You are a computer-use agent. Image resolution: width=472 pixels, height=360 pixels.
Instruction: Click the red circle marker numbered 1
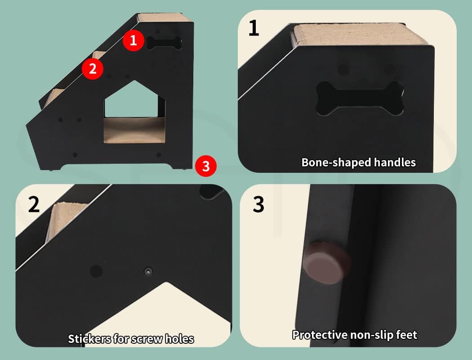coord(133,40)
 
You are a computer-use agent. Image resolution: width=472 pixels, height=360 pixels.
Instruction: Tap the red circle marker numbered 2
coord(93,69)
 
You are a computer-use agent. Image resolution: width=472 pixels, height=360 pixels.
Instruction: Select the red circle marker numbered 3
coord(206,166)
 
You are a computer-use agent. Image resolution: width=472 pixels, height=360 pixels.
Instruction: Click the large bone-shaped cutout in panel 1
coord(360,98)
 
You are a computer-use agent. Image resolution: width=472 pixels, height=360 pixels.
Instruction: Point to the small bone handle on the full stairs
coord(164,43)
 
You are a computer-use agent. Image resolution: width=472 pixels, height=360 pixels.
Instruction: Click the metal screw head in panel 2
coord(148,271)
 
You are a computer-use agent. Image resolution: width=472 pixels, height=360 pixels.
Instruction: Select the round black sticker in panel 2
coord(96,271)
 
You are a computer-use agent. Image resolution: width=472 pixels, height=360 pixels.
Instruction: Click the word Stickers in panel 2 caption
coord(88,338)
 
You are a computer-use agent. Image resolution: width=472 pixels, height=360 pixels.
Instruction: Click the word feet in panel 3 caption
coord(405,335)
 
